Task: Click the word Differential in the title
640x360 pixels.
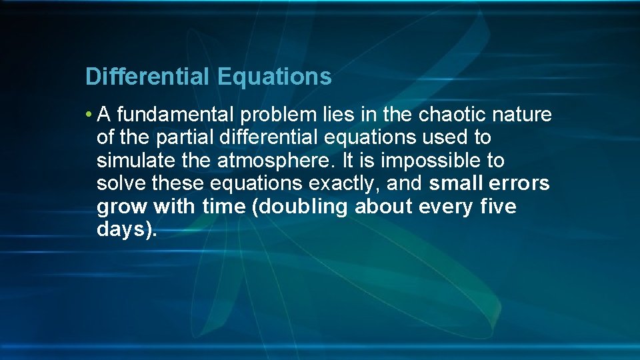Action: coord(147,77)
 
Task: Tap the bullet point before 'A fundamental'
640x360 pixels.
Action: coord(89,115)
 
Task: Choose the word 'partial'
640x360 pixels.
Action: coord(183,138)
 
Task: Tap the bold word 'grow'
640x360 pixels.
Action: coord(122,207)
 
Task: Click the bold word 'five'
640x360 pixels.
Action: coord(497,207)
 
